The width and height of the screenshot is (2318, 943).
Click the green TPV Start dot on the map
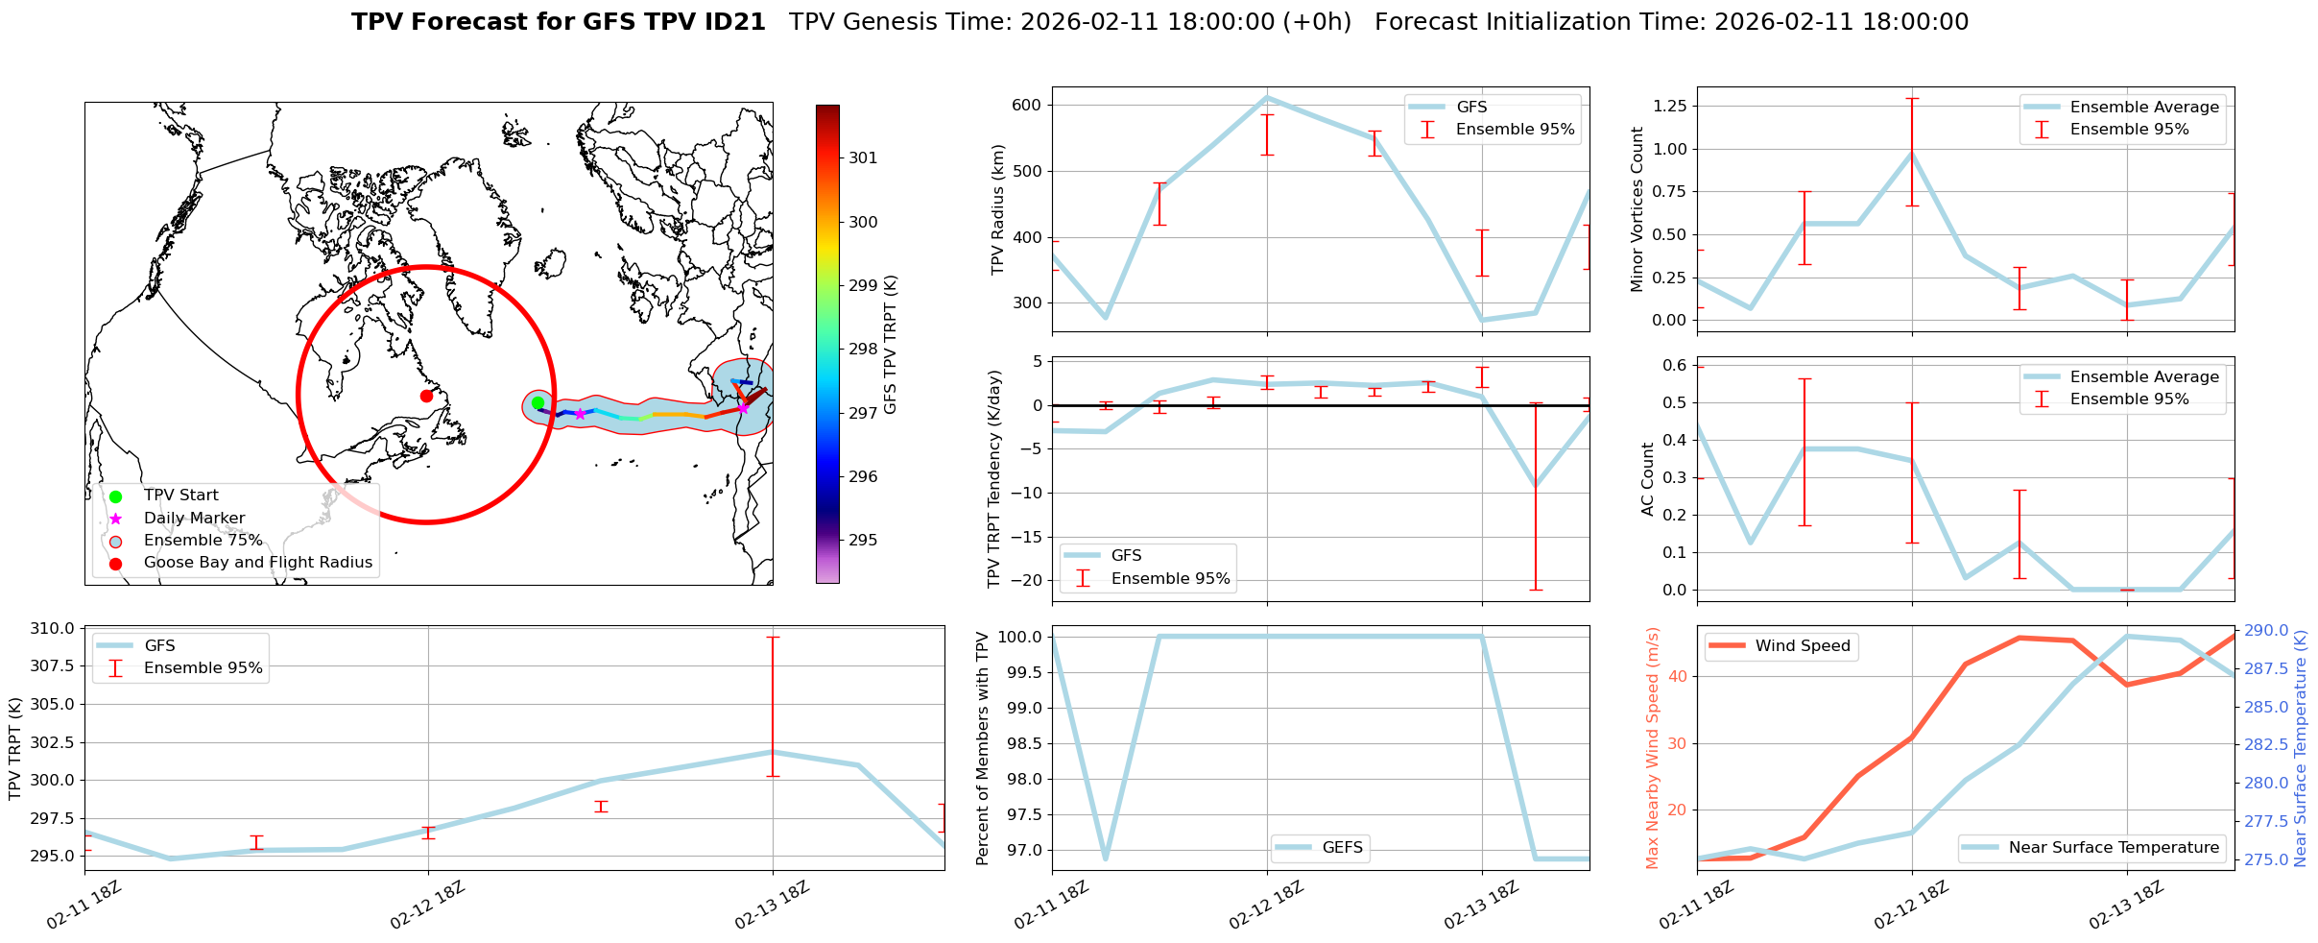coord(538,403)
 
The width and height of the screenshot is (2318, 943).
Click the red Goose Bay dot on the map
coord(426,396)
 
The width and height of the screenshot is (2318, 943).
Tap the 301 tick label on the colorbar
coord(863,158)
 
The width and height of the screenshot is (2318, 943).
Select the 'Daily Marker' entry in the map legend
coord(194,518)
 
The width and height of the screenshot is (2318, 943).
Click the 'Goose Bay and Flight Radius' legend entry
coord(257,563)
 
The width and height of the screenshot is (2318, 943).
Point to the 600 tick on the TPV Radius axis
coord(1026,105)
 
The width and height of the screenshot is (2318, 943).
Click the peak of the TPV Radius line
coord(1267,97)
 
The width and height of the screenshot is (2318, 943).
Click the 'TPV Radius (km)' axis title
coord(998,209)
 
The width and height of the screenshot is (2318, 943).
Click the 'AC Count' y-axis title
coord(1648,479)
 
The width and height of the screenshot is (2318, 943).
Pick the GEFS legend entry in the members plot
coord(1342,847)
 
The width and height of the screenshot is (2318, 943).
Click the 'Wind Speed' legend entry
coord(1802,646)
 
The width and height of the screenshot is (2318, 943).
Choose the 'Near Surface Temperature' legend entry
coord(2114,847)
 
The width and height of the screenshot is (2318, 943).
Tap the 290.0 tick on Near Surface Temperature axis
coord(2264,631)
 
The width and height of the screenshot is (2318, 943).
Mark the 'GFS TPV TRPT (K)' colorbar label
coord(891,345)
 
